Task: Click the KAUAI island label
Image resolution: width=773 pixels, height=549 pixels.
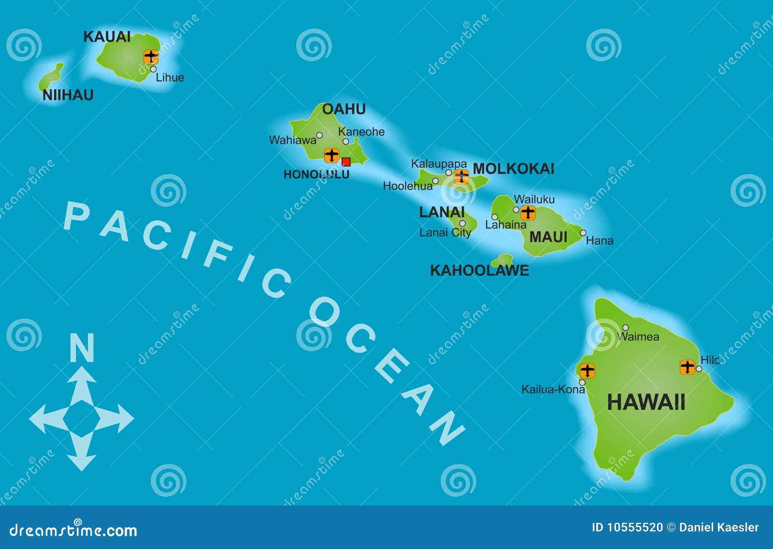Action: click(x=107, y=37)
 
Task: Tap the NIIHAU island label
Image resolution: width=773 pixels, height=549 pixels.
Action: click(x=68, y=95)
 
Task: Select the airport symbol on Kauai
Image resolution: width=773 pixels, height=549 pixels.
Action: click(x=151, y=57)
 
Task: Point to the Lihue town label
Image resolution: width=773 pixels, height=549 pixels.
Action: click(x=170, y=77)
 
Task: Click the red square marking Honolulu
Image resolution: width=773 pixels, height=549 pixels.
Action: click(x=346, y=162)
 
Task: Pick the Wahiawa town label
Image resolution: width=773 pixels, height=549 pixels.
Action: click(x=292, y=140)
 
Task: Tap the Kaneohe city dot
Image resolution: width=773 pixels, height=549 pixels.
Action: click(x=346, y=142)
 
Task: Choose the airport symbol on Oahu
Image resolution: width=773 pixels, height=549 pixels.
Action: click(x=331, y=155)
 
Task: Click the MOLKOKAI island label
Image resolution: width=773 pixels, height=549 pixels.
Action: click(x=513, y=169)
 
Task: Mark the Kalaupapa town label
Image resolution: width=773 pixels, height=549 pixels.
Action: click(x=439, y=164)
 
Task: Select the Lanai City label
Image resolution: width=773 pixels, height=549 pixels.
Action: click(x=445, y=232)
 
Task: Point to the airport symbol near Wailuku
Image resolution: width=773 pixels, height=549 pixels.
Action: click(x=528, y=212)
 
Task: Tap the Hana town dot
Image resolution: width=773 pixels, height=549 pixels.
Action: click(x=583, y=233)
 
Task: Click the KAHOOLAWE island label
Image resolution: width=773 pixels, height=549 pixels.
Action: click(x=479, y=270)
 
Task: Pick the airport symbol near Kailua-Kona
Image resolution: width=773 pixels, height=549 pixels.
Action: click(x=587, y=371)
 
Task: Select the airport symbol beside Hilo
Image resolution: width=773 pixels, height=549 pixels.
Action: click(x=687, y=367)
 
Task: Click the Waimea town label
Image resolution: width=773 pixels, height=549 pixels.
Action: click(x=639, y=337)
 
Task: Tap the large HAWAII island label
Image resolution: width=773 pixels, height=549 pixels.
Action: click(x=646, y=402)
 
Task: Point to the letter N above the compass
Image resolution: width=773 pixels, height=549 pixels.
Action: click(x=82, y=347)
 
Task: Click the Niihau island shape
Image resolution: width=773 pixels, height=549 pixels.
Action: click(x=50, y=78)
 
